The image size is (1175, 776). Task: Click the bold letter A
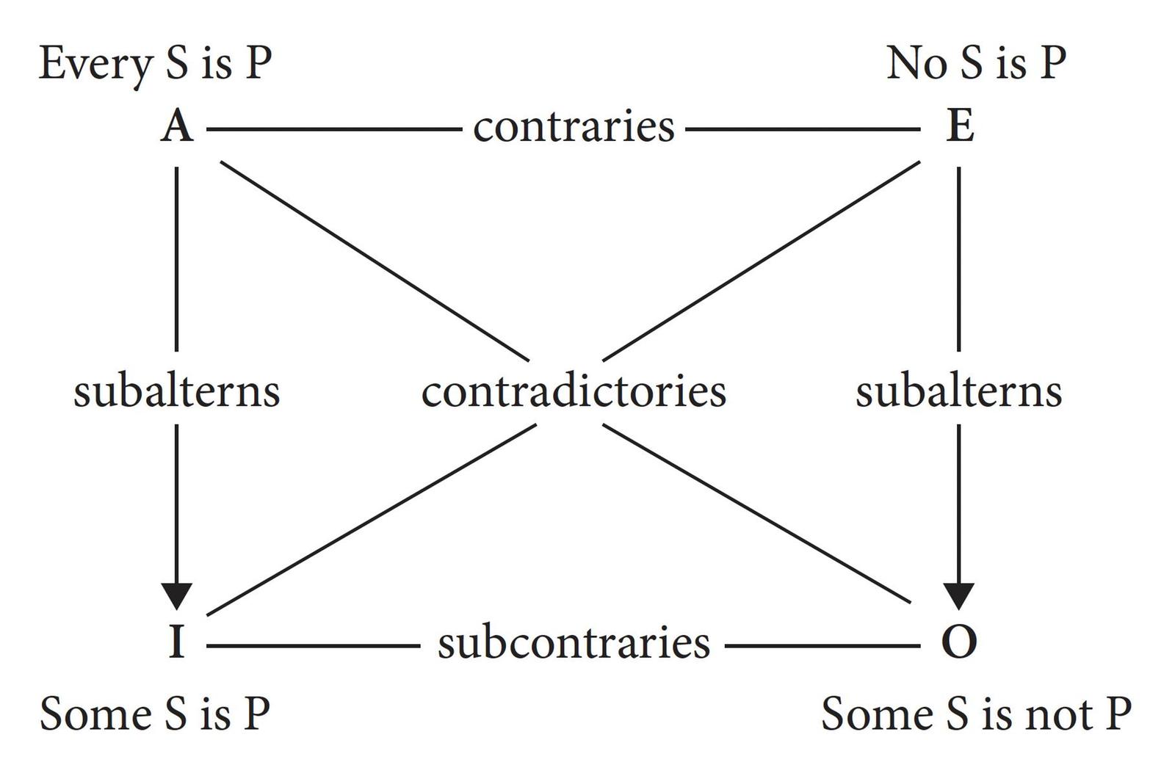click(x=177, y=127)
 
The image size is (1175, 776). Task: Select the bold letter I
click(x=176, y=642)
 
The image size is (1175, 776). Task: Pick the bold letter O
click(x=958, y=642)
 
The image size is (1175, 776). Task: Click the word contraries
click(x=574, y=127)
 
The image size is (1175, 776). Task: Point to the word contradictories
click(x=574, y=391)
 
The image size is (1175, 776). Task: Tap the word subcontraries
click(x=574, y=643)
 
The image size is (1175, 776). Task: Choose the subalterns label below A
click(x=176, y=391)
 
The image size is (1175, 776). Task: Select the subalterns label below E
click(x=958, y=391)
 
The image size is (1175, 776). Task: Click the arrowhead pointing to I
click(x=176, y=595)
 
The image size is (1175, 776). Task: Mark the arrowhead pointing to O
click(x=958, y=595)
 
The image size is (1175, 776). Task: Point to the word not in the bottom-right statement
click(x=1055, y=714)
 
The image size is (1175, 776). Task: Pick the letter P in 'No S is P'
click(x=1052, y=63)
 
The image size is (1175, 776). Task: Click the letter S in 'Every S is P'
click(x=176, y=63)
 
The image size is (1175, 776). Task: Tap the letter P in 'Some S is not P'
click(x=1117, y=714)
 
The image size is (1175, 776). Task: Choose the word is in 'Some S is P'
click(x=215, y=714)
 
